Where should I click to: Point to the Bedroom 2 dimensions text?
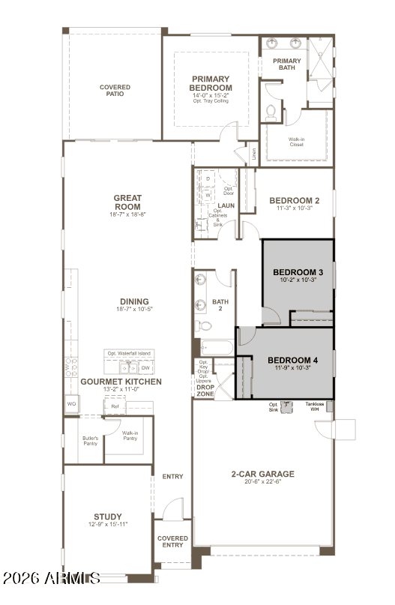pyautogui.click(x=294, y=208)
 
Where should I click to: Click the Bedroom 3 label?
pyautogui.click(x=298, y=271)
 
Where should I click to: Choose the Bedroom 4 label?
pyautogui.click(x=293, y=360)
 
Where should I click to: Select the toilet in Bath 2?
pyautogui.click(x=203, y=325)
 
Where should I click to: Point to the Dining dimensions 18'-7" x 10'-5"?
pyautogui.click(x=134, y=309)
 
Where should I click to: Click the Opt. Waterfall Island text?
pyautogui.click(x=128, y=354)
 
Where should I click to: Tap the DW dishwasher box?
pyautogui.click(x=145, y=368)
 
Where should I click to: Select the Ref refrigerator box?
pyautogui.click(x=115, y=407)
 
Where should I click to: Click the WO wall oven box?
pyautogui.click(x=72, y=405)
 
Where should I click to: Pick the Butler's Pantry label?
pyautogui.click(x=90, y=442)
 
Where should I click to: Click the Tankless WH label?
pyautogui.click(x=315, y=406)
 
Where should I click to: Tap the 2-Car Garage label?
pyautogui.click(x=262, y=474)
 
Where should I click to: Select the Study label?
pyautogui.click(x=108, y=517)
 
